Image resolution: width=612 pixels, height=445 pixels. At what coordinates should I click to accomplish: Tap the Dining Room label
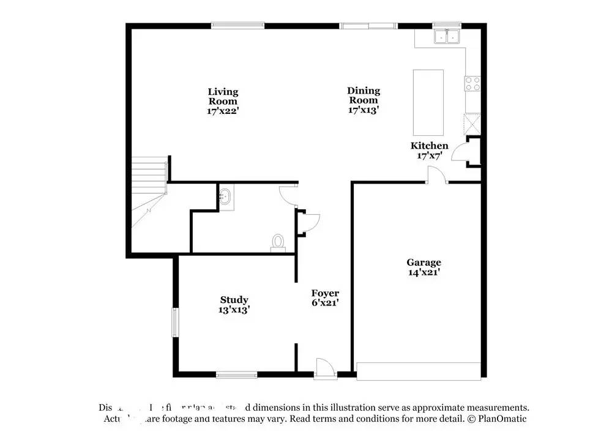click(364, 95)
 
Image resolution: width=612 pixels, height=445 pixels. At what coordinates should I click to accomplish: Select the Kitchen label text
click(429, 146)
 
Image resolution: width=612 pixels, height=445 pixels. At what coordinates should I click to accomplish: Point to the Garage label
click(424, 263)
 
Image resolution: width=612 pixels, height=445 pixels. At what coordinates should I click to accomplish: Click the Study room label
click(234, 300)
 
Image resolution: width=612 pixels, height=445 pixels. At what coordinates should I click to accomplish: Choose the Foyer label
click(325, 293)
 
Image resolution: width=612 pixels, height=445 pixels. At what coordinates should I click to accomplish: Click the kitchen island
click(428, 102)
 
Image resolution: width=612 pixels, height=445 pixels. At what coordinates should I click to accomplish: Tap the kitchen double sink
click(447, 37)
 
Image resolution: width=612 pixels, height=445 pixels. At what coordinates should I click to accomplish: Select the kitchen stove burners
click(472, 83)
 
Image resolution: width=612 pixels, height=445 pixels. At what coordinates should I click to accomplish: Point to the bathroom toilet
click(278, 243)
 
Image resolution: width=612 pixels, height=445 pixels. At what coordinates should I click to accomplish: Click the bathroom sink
click(225, 197)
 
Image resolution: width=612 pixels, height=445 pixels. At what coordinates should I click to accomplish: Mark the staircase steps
click(148, 174)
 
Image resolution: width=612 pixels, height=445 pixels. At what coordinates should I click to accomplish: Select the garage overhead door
click(419, 371)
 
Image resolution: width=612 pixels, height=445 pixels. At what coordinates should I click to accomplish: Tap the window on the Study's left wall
click(174, 322)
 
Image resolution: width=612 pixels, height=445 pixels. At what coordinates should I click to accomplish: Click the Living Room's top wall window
click(238, 26)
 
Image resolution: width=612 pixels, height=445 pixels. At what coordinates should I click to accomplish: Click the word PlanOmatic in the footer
click(504, 419)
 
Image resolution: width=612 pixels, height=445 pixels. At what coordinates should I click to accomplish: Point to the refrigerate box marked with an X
click(472, 123)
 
